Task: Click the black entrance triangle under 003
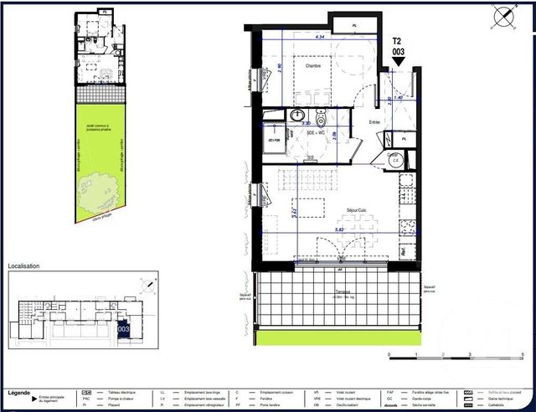(399, 61)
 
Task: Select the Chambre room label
(313, 66)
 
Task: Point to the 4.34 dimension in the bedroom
(319, 38)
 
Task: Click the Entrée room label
(375, 122)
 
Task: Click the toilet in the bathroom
(319, 117)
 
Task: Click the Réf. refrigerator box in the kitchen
(404, 250)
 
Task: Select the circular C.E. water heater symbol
(399, 160)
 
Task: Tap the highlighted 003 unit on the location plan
(123, 329)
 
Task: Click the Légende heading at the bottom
(19, 391)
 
